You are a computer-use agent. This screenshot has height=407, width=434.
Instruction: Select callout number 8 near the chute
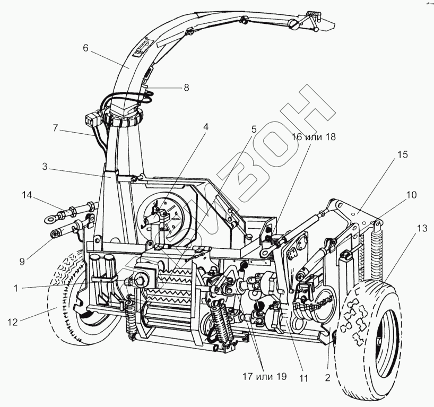[x=186, y=88]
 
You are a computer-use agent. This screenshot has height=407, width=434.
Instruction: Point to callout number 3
[x=46, y=167]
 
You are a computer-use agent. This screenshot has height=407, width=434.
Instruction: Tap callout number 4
[x=205, y=127]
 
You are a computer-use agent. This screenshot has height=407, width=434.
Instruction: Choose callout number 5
[x=254, y=129]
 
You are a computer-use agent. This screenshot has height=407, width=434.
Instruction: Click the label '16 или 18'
[x=314, y=137]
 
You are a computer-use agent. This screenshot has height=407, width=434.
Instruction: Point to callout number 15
[x=403, y=155]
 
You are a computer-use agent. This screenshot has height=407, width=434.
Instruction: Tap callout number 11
[x=304, y=378]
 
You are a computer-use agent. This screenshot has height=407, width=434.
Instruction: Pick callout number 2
[x=328, y=379]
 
